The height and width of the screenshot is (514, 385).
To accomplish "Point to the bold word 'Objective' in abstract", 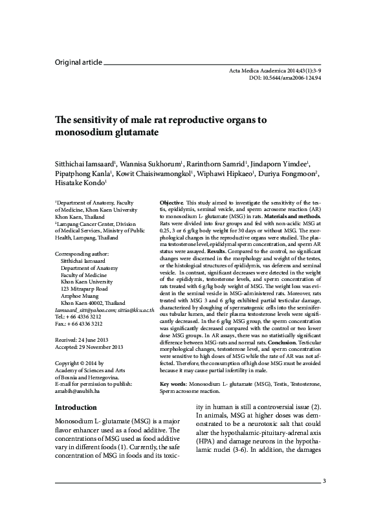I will (x=171, y=203).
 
